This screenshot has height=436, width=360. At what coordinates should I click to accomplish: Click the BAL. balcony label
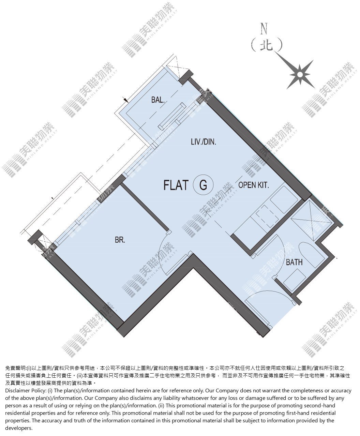[x=158, y=100]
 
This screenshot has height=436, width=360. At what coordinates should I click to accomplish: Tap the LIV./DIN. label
[x=204, y=142]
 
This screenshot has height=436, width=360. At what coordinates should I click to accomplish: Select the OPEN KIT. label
[x=254, y=185]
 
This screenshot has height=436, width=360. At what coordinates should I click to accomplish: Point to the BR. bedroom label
[x=120, y=240]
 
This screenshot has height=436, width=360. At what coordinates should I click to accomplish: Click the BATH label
[x=294, y=262]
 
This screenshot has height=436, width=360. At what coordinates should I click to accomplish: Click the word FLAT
[x=176, y=185]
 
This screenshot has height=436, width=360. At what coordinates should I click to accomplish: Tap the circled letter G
[x=203, y=185]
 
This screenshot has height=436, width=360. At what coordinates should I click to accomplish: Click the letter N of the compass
[x=264, y=29]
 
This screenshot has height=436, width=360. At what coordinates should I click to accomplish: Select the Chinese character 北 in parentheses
[x=267, y=45]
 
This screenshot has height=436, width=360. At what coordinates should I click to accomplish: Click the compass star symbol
[x=300, y=75]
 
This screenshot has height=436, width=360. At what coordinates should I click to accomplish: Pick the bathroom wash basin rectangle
[x=294, y=281]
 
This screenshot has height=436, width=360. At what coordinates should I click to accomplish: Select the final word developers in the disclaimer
[x=19, y=428]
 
